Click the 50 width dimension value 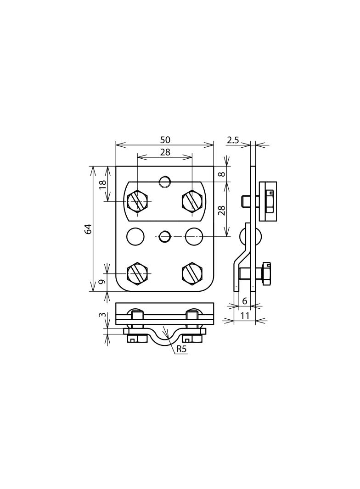(x=165, y=140)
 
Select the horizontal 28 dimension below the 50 (x=165, y=152)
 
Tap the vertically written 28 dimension (x=221, y=211)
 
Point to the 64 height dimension (x=88, y=228)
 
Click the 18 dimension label (x=103, y=184)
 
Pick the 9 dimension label (x=103, y=281)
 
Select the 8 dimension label (x=221, y=174)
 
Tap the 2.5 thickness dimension (x=233, y=140)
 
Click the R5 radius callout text (x=182, y=349)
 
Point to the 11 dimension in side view (x=245, y=316)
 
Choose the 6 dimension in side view (x=245, y=301)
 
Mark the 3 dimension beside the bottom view (x=103, y=316)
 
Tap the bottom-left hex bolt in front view (x=138, y=273)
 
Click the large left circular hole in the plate (x=135, y=236)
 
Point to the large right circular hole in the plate (x=194, y=236)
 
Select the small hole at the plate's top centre (x=165, y=182)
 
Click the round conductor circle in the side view (x=251, y=236)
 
